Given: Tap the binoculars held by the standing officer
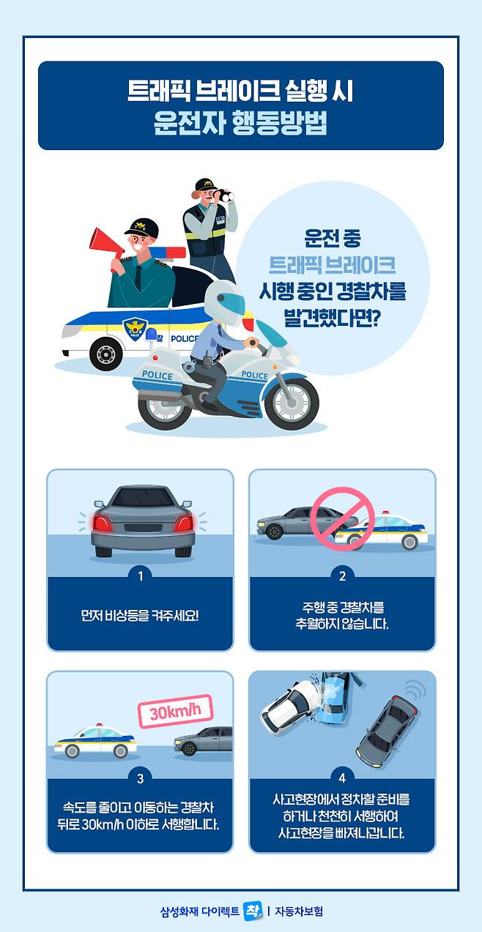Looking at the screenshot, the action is pos(223,195).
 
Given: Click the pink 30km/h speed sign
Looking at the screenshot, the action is pos(175,711).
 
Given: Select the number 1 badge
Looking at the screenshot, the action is pos(140,576).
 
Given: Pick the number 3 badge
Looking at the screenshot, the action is pos(140,778).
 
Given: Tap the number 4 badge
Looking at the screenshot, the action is pos(342,778).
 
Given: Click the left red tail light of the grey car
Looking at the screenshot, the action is pos(102,523).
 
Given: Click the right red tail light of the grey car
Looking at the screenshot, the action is pos(184,523).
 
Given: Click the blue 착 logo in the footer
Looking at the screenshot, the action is pos(253,911).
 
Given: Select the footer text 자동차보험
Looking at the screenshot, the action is pos(298,912).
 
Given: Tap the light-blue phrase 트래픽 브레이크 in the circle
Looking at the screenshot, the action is pos(332,264).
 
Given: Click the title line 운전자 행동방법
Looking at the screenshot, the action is pos(240,123).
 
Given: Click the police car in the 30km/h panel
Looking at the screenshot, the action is pos(96,741).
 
